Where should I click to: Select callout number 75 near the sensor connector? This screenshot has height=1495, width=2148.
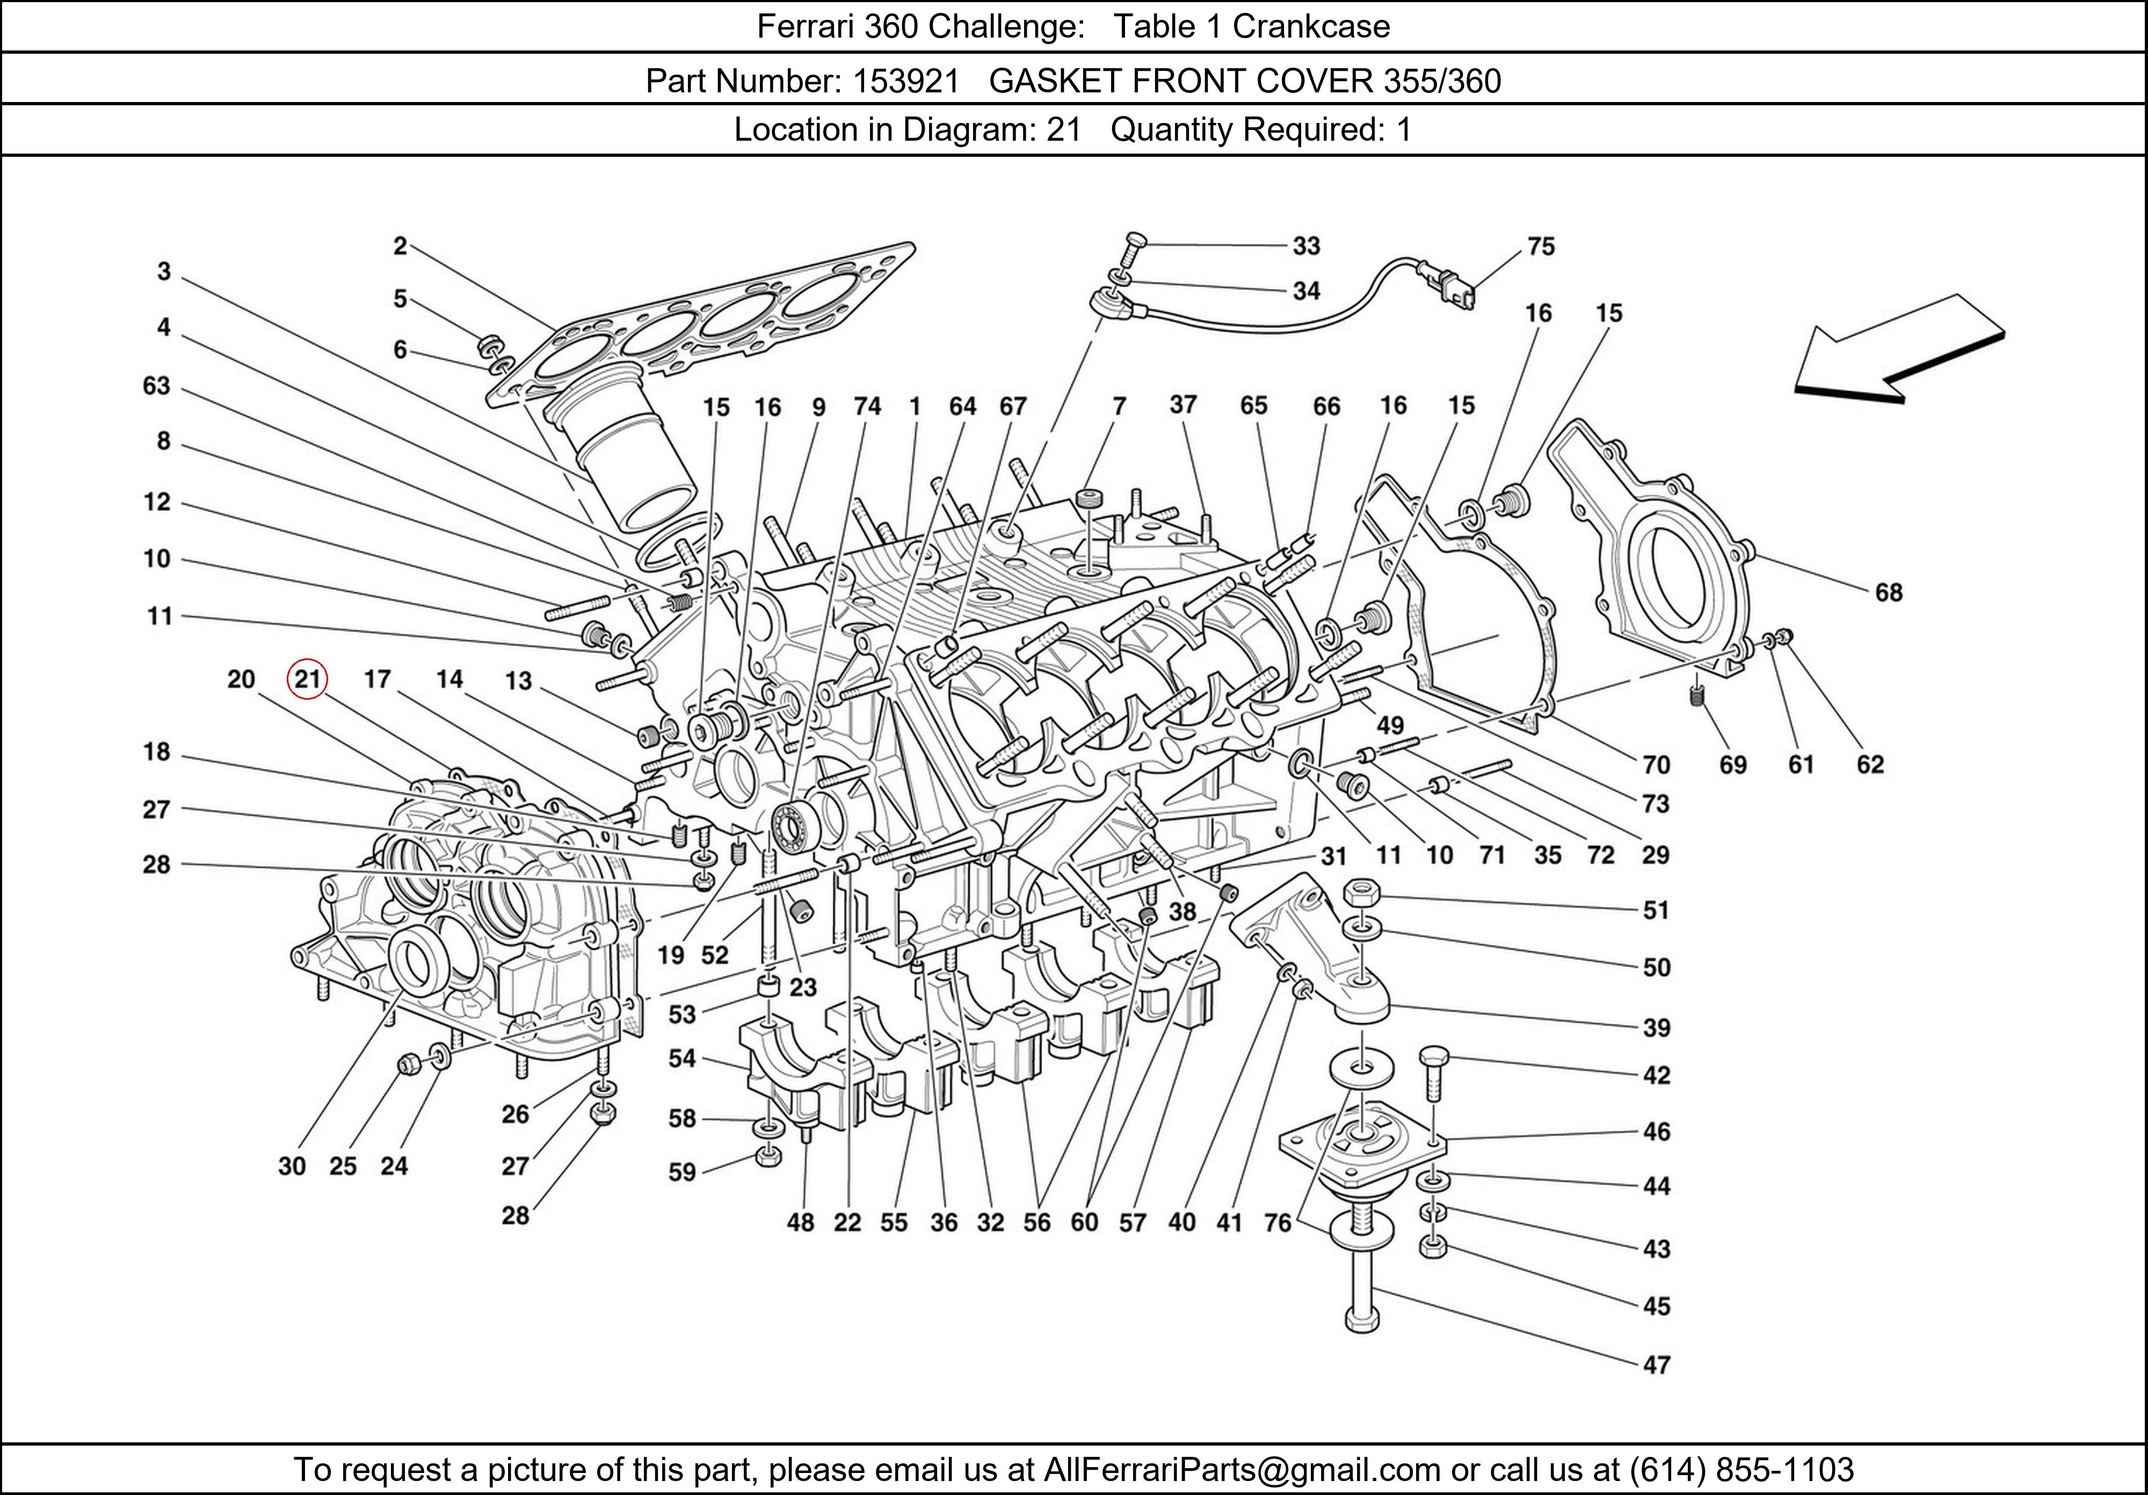(x=1541, y=247)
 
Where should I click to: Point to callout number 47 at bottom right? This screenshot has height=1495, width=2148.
(x=1656, y=1365)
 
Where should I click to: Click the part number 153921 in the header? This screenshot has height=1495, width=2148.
(x=905, y=82)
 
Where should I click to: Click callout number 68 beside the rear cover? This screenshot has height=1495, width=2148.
(x=1888, y=592)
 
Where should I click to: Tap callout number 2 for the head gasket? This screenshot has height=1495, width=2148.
(x=401, y=246)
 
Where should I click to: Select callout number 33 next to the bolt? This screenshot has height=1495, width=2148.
(x=1306, y=246)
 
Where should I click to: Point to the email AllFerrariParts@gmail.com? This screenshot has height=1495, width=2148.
(x=1242, y=1470)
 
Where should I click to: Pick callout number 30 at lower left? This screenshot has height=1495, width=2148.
(x=292, y=1166)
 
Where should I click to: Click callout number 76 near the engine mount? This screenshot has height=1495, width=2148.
(x=1277, y=1223)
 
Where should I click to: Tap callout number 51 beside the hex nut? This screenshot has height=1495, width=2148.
(x=1656, y=910)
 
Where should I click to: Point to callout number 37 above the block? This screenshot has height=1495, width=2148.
(x=1184, y=404)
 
